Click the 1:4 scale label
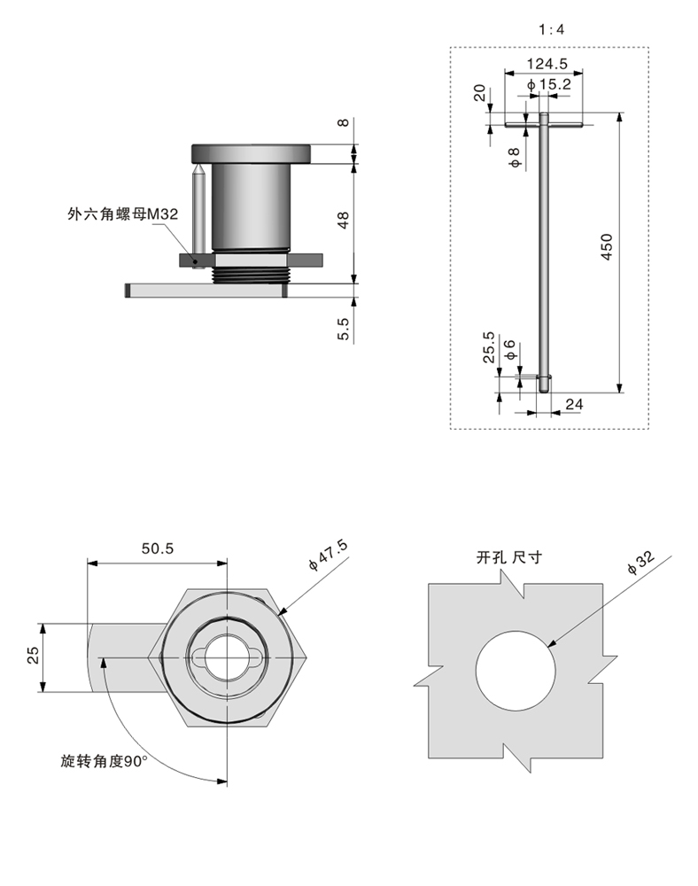pos(551,29)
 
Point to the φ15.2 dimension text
pos(548,84)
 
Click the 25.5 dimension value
pos(488,348)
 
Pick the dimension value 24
pos(573,404)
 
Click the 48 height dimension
pos(345,219)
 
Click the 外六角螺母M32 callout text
pos(123,214)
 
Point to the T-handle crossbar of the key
pos(545,124)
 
